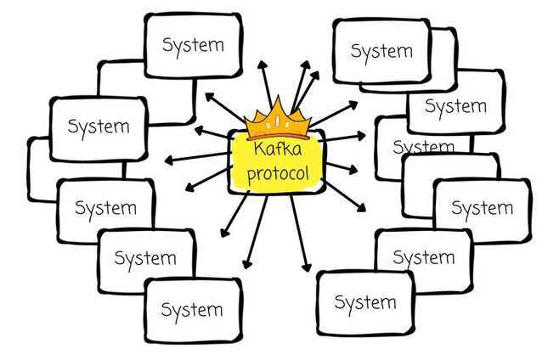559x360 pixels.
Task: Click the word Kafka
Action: (278, 149)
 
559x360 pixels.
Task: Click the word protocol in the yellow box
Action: (278, 174)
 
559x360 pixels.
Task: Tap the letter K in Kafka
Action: (259, 149)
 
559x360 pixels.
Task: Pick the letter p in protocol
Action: (251, 177)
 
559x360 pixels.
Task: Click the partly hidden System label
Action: (424, 146)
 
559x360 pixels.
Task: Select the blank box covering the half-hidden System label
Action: (451, 185)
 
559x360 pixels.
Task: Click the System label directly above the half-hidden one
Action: (455, 106)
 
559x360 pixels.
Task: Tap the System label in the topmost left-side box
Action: (193, 45)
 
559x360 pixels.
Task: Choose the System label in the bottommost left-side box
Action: (192, 310)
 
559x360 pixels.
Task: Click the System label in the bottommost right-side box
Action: (365, 303)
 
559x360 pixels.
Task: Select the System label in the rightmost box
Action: (483, 209)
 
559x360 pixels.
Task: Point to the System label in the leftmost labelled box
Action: (99, 127)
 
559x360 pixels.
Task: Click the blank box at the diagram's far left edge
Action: (41, 169)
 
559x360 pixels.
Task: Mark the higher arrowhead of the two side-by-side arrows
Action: (306, 65)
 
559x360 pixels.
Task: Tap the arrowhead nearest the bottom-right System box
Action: (307, 267)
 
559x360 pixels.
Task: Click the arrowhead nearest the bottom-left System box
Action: (246, 264)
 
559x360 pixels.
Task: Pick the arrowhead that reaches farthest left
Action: (169, 160)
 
